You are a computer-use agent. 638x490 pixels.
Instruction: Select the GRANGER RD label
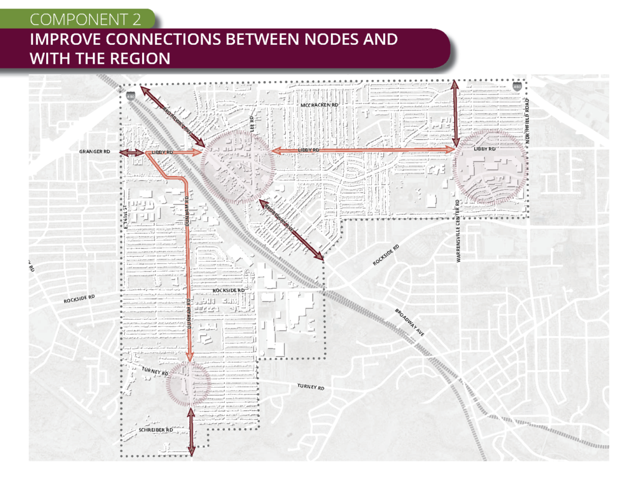95,151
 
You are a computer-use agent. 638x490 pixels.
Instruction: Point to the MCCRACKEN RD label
319,105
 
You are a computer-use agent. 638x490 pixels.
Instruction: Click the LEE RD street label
252,123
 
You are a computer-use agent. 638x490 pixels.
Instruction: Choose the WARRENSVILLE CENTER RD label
458,231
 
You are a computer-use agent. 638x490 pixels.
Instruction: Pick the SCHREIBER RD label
155,430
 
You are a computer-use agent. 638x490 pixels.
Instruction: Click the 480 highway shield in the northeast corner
518,89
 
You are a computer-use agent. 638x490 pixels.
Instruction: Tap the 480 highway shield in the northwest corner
130,96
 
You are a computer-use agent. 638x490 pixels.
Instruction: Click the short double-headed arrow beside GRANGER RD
132,153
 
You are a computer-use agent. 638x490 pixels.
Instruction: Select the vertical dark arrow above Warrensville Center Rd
455,112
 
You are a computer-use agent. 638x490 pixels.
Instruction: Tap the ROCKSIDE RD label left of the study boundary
79,299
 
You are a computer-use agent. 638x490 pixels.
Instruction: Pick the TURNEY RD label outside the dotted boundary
311,387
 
